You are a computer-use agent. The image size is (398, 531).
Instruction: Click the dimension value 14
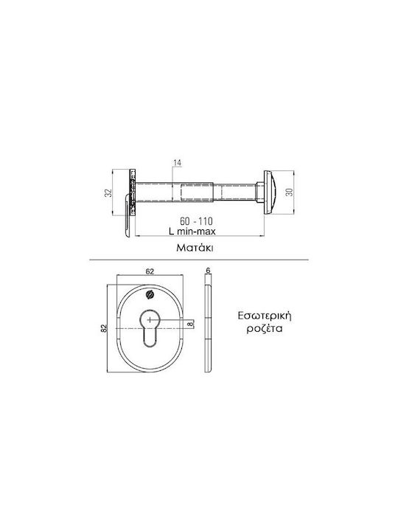178,163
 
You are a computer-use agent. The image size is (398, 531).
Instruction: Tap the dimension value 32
108,192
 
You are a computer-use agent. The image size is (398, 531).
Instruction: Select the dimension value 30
290,192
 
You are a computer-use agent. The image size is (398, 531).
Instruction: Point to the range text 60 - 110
196,221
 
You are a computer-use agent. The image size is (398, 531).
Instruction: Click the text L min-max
192,231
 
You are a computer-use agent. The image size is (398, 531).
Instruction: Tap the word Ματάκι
195,248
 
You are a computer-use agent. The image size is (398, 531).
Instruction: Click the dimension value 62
150,271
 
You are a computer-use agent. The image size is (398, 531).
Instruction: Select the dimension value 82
104,328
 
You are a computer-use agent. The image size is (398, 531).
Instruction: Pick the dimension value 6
208,270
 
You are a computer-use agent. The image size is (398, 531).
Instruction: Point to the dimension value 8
191,324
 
